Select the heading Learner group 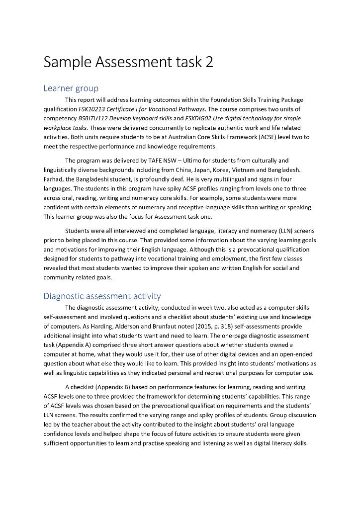71,88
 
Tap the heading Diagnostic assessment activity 102,296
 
